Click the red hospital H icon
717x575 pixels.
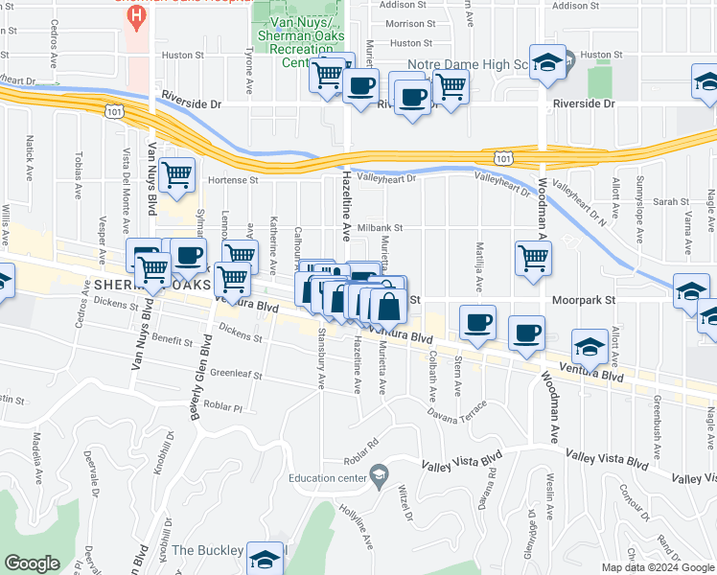click(138, 15)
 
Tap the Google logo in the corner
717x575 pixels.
click(33, 563)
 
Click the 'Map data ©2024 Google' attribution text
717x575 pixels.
click(658, 567)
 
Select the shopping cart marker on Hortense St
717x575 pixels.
click(177, 175)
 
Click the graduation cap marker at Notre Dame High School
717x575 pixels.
click(547, 64)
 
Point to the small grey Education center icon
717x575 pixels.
click(380, 475)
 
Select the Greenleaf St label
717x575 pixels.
click(236, 375)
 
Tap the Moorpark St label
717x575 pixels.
click(581, 299)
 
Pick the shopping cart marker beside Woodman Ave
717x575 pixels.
click(533, 258)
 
